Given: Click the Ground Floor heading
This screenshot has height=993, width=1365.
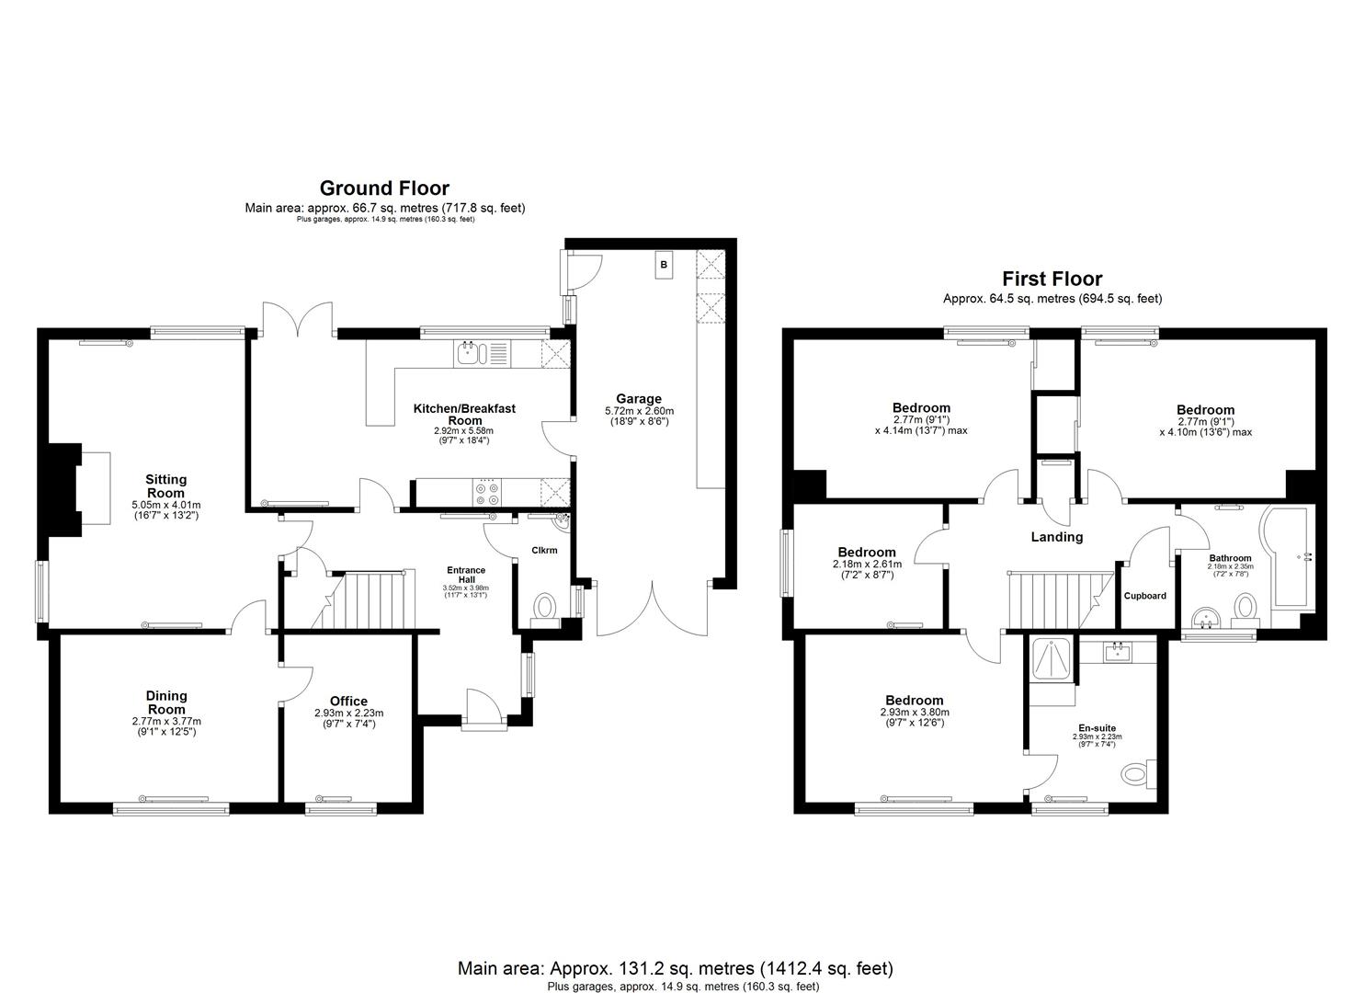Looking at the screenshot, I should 384,189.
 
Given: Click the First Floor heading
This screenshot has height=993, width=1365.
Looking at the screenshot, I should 1052,279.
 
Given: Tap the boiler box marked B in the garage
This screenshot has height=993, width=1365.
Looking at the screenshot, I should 664,265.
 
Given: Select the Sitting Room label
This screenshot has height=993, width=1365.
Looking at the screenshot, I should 165,485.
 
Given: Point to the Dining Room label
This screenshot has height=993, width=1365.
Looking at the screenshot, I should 166,702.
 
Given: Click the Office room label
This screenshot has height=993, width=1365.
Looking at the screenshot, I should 348,701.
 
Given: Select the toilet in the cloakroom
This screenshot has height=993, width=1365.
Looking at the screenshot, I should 544,608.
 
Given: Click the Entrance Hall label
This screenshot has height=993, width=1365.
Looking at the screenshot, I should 466,575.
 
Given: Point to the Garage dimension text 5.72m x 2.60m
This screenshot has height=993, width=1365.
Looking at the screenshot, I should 639,411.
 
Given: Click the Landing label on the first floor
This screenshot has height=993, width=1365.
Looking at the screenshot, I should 1056,537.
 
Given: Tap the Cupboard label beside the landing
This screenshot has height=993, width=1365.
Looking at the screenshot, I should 1144,596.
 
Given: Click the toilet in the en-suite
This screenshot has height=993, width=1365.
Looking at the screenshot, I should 1138,774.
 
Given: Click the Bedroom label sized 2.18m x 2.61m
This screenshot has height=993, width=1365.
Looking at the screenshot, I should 866,553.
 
